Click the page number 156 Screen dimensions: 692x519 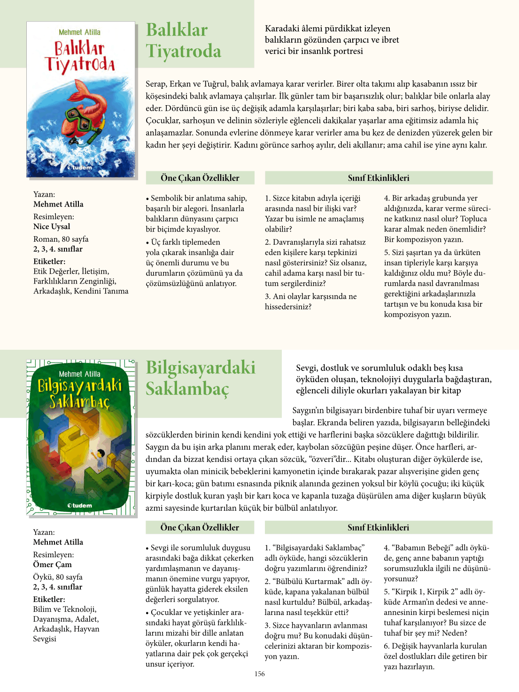[260, 674]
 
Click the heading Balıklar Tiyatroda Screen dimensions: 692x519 [183, 40]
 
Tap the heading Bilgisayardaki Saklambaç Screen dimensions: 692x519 [201, 378]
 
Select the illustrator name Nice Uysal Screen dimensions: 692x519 [52, 226]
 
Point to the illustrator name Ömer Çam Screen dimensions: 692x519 [52, 564]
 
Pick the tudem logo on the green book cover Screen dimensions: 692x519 [79, 505]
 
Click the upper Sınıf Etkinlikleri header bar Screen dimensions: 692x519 [379, 178]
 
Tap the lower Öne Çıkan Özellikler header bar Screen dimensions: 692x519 [200, 527]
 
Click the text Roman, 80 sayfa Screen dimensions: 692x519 [61, 239]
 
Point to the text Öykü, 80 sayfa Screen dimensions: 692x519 [58, 577]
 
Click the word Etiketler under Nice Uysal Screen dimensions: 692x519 [49, 261]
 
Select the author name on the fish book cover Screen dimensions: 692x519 [79, 32]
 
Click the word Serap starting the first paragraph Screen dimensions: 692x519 [155, 84]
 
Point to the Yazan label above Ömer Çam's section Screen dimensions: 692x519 [44, 532]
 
